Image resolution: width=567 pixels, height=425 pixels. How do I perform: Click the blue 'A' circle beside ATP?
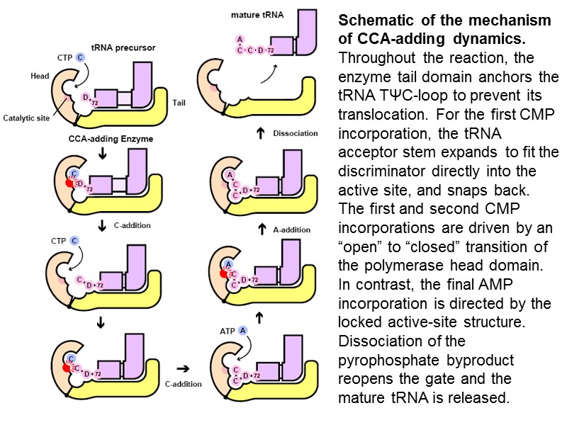243,330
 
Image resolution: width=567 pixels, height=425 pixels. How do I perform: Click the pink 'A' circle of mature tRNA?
240,38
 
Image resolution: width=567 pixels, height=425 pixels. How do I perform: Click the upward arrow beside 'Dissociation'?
260,132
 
